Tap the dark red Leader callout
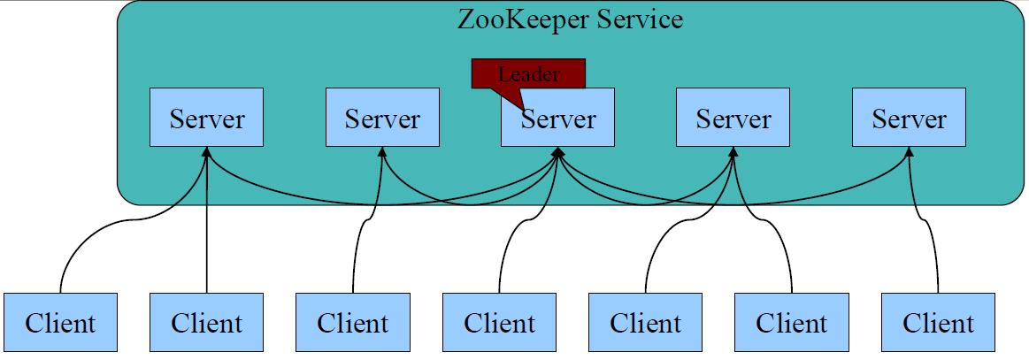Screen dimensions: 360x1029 [x=528, y=74]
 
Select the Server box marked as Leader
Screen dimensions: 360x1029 [x=557, y=119]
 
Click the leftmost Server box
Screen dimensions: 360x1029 [x=206, y=118]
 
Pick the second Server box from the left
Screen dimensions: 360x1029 [x=382, y=118]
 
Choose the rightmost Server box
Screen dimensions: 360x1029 [x=909, y=118]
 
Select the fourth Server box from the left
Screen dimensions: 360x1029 [x=733, y=118]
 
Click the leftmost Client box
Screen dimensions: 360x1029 [x=60, y=322]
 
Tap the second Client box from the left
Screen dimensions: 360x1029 [x=206, y=322]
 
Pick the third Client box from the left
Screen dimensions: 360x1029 [x=352, y=322]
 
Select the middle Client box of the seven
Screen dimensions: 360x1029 [x=499, y=322]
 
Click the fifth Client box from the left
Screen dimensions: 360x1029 [x=646, y=322]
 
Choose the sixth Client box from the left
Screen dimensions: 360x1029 [x=791, y=322]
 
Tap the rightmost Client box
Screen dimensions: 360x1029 [x=938, y=322]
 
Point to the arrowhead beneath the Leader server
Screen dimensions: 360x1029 [x=558, y=153]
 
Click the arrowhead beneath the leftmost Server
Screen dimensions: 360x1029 [x=206, y=153]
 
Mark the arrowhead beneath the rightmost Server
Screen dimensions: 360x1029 [x=910, y=153]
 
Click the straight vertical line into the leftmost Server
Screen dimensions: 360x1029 [x=206, y=230]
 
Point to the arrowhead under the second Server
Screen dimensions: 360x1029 [x=382, y=153]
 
